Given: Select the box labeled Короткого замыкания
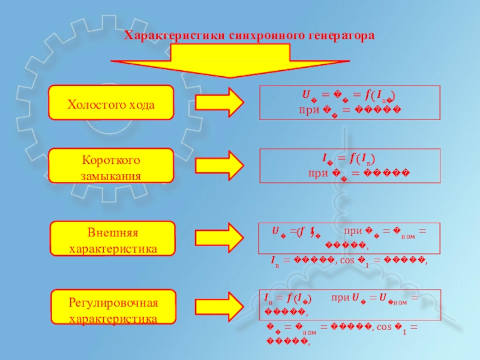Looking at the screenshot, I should coord(111,166).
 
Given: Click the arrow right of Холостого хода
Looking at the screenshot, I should coord(219,103).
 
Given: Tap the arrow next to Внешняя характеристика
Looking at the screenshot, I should coord(219,238).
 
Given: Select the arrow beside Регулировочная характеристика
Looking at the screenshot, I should coord(219,306).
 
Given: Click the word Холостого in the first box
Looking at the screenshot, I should coord(94,105).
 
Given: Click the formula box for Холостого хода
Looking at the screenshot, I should coord(350,103).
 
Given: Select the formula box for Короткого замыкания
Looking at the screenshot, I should coord(350,166).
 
